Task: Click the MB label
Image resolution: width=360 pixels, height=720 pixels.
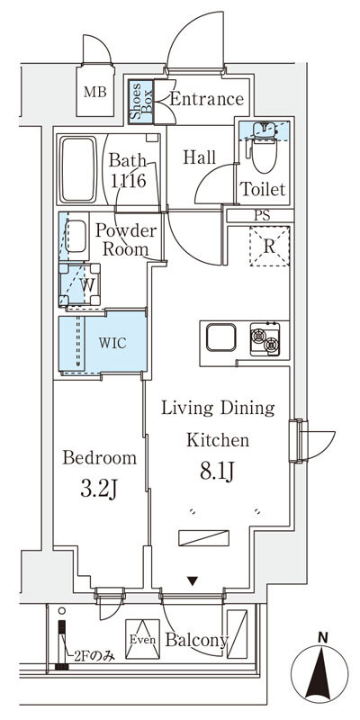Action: pos(95,93)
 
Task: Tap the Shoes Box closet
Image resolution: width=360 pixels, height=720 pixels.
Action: pos(140,102)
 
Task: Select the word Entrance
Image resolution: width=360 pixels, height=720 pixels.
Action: pos(207,99)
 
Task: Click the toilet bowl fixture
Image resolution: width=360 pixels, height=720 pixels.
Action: pos(264,151)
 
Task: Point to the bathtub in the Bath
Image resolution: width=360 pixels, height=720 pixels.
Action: pos(78,169)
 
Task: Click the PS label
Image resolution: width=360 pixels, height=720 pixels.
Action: pos(263,216)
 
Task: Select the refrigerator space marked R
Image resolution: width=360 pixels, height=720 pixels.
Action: pos(269,246)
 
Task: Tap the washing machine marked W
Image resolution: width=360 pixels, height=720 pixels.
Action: pos(80,284)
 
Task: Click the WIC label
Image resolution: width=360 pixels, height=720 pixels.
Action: pos(112,343)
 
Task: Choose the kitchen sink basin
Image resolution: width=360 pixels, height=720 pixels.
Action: pos(220,337)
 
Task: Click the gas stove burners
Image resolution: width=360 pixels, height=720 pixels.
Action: pos(265,339)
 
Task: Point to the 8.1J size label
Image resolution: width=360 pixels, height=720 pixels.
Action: pos(218,471)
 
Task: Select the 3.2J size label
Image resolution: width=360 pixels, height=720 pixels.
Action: pos(99,490)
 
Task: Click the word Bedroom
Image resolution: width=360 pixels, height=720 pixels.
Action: pos(100,458)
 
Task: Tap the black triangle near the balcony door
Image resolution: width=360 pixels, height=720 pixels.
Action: pos(193,581)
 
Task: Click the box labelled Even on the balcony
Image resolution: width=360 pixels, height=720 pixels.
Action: pos(142,639)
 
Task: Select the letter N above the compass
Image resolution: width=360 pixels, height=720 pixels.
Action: pos(324,637)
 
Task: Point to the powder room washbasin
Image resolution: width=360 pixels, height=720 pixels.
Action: pos(75,237)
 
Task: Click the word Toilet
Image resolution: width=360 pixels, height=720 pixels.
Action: pos(264,189)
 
